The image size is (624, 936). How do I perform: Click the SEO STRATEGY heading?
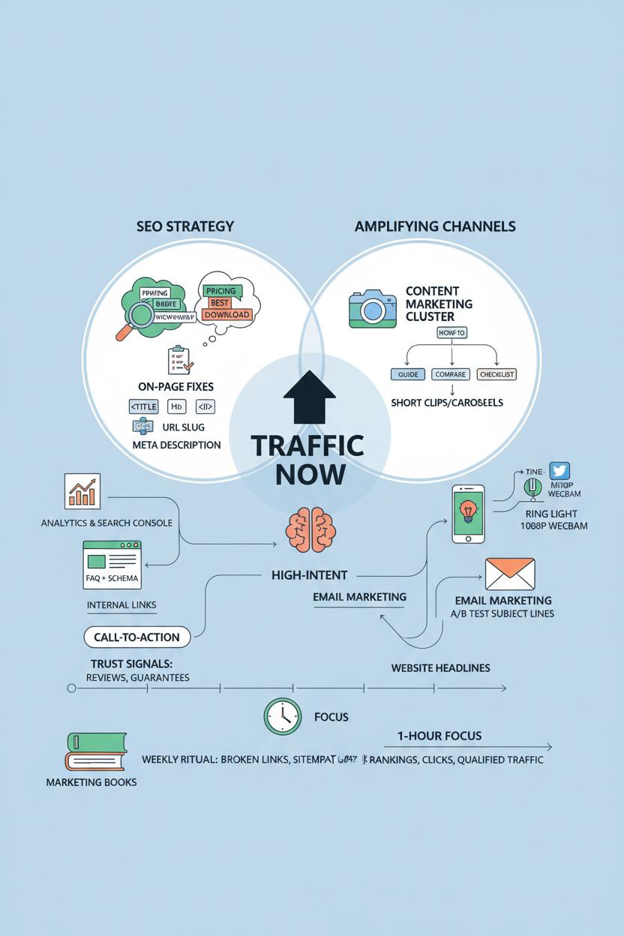185,226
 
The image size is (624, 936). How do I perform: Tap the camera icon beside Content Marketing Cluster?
371,308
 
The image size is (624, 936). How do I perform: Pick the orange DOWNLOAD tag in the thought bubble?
226,314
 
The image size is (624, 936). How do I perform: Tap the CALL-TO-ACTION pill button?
136,637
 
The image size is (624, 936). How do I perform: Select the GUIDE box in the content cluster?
406,373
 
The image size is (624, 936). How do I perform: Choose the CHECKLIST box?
496,373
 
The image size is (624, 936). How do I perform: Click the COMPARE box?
450,373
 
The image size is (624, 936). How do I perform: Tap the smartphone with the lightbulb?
468,514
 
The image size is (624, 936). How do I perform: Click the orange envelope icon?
509,574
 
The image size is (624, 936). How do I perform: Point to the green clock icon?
283,716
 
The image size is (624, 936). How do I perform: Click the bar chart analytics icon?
82,491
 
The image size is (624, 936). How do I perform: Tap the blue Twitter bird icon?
559,470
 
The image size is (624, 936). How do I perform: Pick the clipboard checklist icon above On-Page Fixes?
180,360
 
